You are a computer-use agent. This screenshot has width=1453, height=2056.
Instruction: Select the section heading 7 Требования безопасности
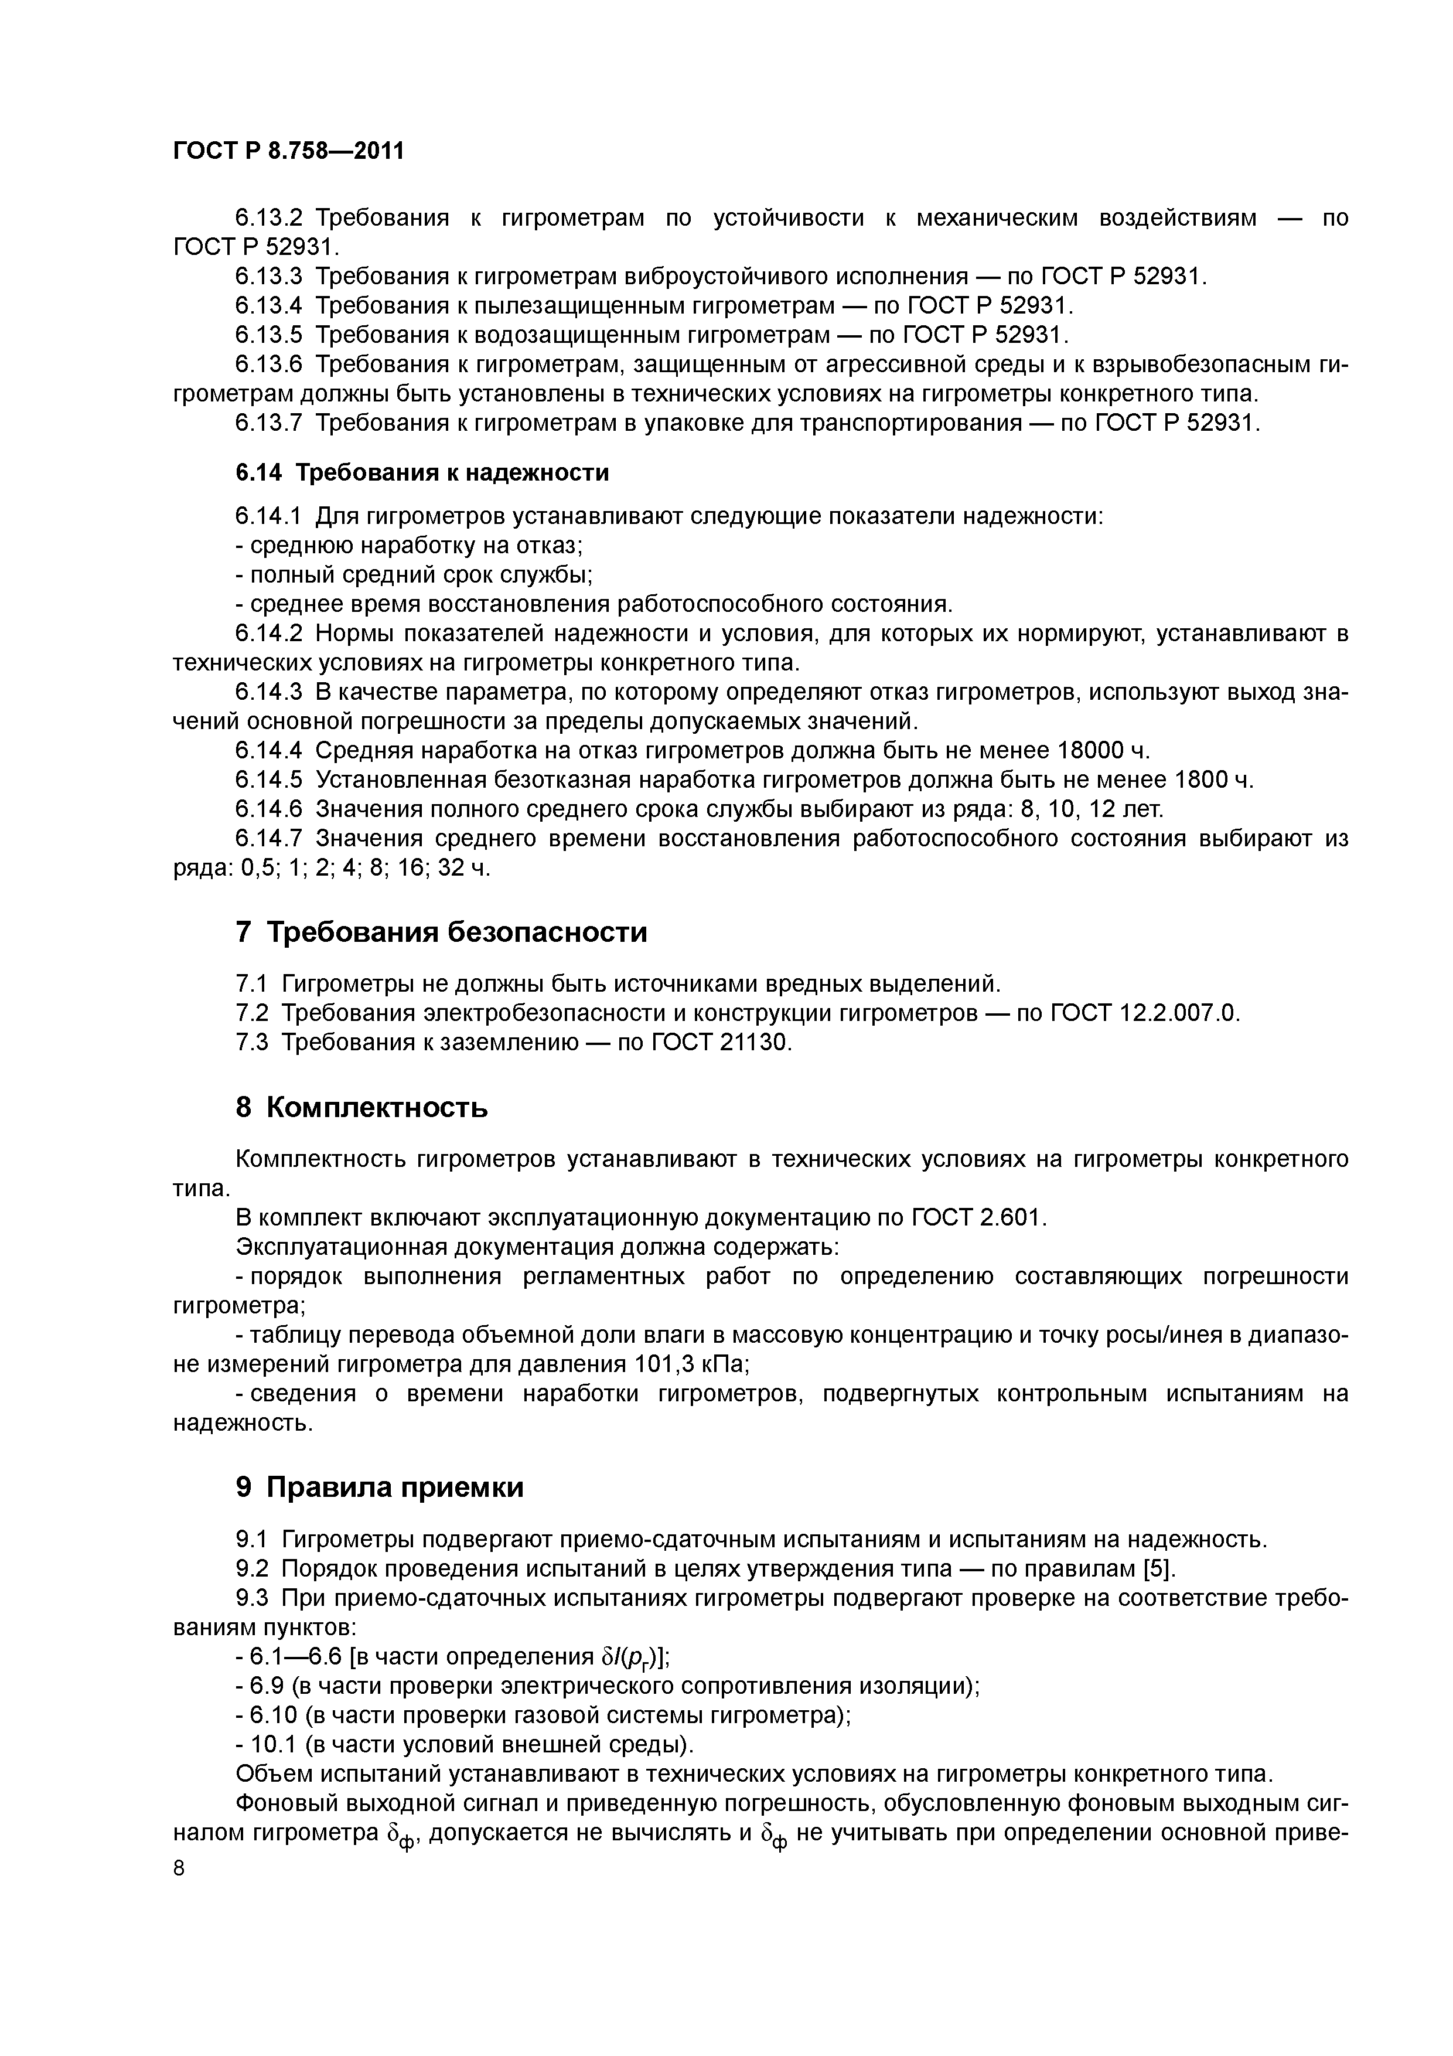click(441, 932)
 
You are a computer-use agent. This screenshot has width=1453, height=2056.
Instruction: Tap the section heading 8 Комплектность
click(361, 1108)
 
